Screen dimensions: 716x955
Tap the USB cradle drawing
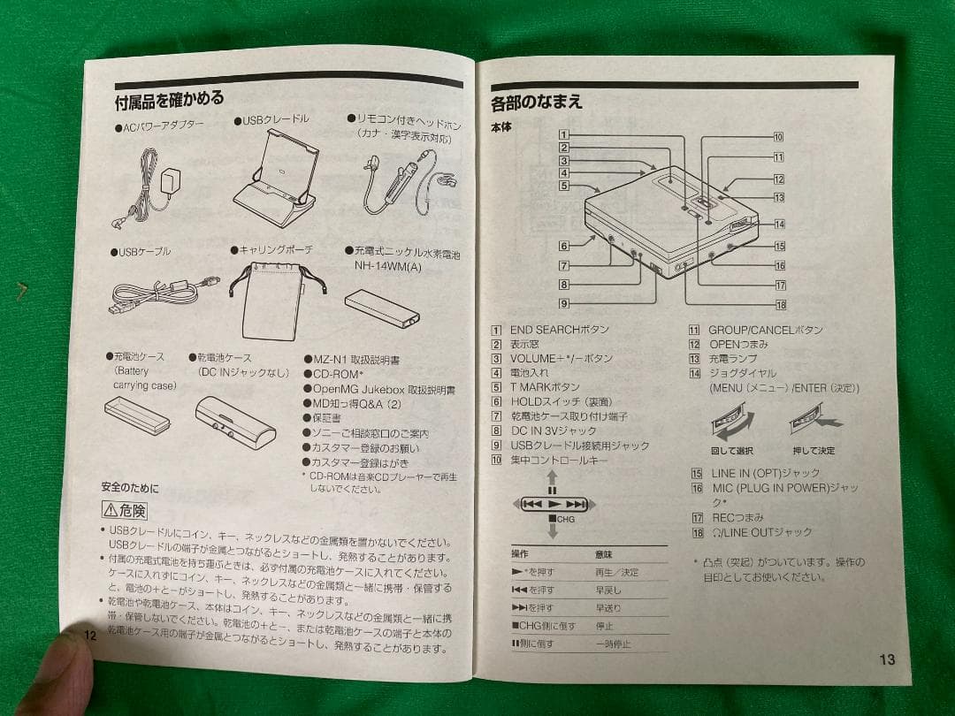coord(275,182)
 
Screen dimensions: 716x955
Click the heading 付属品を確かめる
coord(169,99)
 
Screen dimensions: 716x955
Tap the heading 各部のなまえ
coord(537,103)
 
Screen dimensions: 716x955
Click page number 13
coord(887,659)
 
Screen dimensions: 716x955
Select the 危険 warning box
coord(125,510)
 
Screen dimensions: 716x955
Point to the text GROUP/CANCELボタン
coord(766,330)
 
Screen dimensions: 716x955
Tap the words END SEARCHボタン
coord(559,330)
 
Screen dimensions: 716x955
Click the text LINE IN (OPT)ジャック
coord(766,474)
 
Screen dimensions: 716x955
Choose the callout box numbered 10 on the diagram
coord(778,137)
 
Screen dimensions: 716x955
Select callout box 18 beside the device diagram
coord(780,306)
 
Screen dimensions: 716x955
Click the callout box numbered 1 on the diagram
coord(563,135)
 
